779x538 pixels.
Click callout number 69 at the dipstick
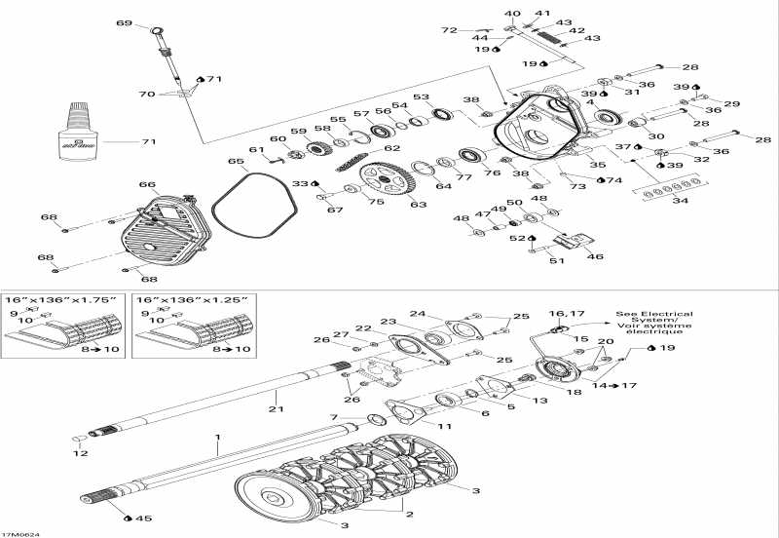[124, 22]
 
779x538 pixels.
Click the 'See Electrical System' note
[649, 323]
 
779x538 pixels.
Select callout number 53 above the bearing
[421, 97]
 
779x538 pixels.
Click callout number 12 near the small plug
[81, 453]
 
